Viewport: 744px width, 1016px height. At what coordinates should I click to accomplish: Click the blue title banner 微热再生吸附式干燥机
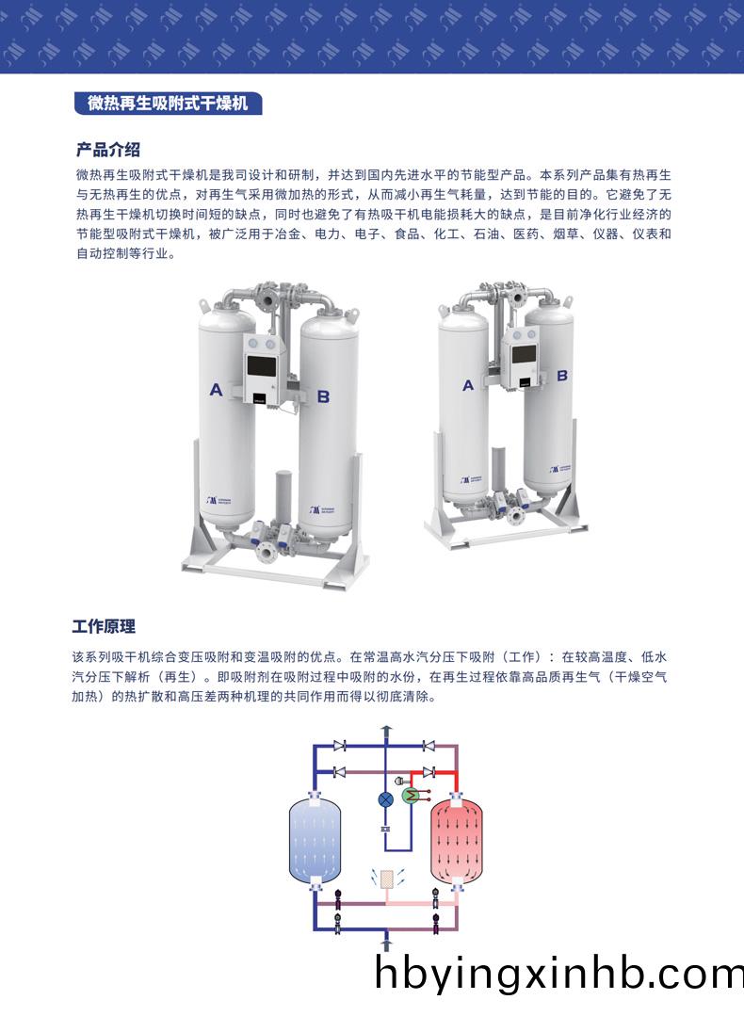tap(168, 104)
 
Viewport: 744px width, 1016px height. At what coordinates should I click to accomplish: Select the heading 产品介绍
tap(108, 150)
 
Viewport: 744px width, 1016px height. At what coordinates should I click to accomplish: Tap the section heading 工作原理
tap(105, 626)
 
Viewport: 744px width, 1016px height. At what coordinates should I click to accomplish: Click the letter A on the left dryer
tap(217, 390)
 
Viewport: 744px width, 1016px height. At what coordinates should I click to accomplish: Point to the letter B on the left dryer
tap(323, 396)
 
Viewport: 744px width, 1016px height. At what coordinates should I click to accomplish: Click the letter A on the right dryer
tap(468, 385)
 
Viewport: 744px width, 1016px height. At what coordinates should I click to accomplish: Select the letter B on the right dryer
tap(562, 375)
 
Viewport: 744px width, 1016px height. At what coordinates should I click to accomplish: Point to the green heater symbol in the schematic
tap(411, 796)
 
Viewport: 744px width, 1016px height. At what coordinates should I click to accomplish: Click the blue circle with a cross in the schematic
tap(385, 798)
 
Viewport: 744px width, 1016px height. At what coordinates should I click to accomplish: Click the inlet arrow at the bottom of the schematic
tap(384, 942)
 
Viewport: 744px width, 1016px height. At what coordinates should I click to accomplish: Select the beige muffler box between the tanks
tap(384, 878)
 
